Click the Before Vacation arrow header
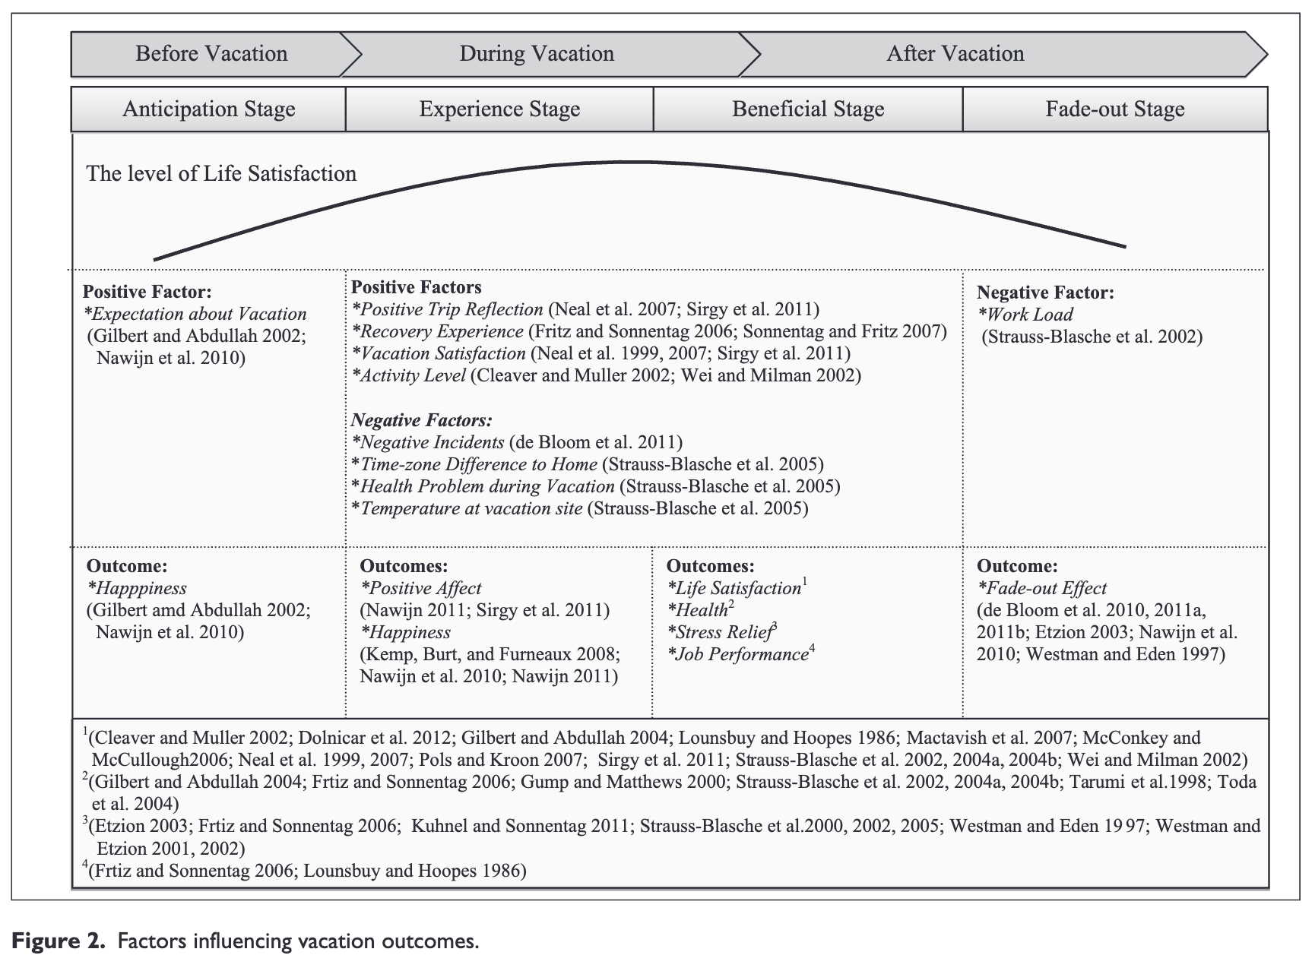[211, 54]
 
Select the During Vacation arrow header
[537, 54]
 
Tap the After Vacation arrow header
[955, 54]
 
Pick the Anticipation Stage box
[209, 109]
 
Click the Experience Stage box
[499, 109]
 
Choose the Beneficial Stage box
[808, 109]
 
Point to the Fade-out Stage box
[1114, 109]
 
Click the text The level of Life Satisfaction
[221, 174]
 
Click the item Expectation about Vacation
[198, 315]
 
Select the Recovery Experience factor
[441, 332]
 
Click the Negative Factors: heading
[421, 421]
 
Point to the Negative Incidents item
[431, 443]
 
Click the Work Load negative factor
[1029, 315]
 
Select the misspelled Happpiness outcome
[141, 589]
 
